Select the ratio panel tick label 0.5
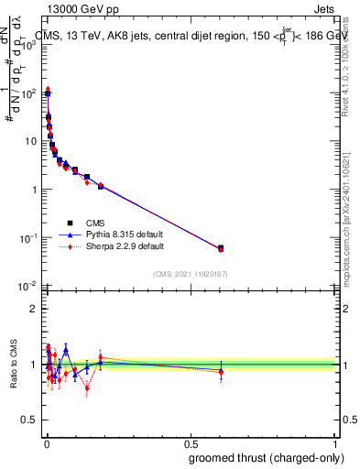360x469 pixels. (x=27, y=420)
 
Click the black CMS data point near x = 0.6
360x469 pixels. (x=221, y=247)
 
